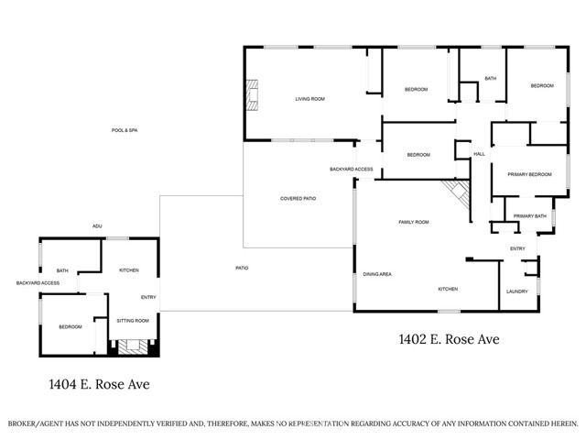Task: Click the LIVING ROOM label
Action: pos(309,99)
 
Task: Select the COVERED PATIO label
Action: pos(298,199)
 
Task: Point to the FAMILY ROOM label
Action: pos(414,222)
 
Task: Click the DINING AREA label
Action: pos(378,274)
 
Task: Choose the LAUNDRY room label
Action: pos(517,292)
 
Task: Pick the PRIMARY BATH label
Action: pos(529,216)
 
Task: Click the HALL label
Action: pos(479,154)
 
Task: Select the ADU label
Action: pos(97,226)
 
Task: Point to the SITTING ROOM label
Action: pos(134,322)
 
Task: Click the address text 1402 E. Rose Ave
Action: pos(449,339)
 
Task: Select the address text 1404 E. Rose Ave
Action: pos(100,384)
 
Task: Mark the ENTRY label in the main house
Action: pos(517,248)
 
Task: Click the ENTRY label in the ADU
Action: pos(148,297)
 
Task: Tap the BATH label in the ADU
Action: pos(62,270)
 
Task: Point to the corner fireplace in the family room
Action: pos(456,192)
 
